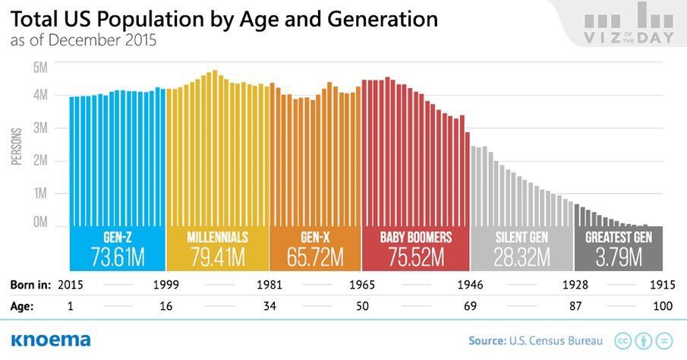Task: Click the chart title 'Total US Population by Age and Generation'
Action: click(224, 19)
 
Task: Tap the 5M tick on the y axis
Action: click(40, 68)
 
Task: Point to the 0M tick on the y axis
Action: click(40, 223)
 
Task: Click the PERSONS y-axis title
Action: click(16, 146)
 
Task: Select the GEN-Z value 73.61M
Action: click(118, 257)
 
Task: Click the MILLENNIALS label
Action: click(217, 237)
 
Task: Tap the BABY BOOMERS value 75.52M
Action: click(415, 257)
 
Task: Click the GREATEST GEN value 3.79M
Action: click(619, 257)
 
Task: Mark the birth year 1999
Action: click(166, 286)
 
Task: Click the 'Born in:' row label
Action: click(30, 286)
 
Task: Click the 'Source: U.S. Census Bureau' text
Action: click(535, 340)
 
